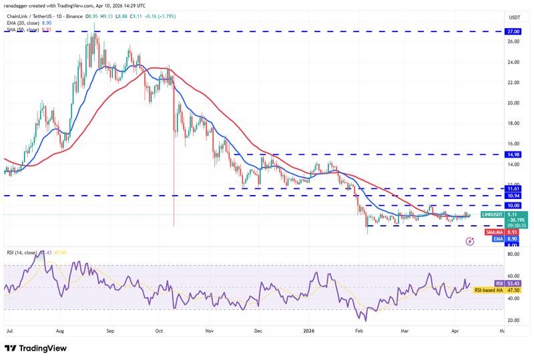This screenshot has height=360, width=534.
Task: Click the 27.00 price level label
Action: pos(495,31)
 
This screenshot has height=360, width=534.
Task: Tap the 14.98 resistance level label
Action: pos(495,154)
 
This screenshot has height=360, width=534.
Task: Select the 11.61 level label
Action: pos(495,189)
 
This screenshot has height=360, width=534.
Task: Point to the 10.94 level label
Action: pos(495,196)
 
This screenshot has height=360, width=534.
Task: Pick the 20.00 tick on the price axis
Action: pos(495,103)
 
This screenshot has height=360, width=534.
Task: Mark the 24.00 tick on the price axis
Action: pos(495,62)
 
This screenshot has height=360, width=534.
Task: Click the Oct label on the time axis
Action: pos(159,330)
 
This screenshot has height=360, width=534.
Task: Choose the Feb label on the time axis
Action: pos(358,330)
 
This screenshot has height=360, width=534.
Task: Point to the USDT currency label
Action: pos(495,17)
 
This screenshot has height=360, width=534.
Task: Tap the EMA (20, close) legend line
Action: pos(24,23)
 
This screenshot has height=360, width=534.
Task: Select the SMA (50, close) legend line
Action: pos(24,29)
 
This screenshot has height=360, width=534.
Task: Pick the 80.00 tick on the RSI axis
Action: pos(495,254)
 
